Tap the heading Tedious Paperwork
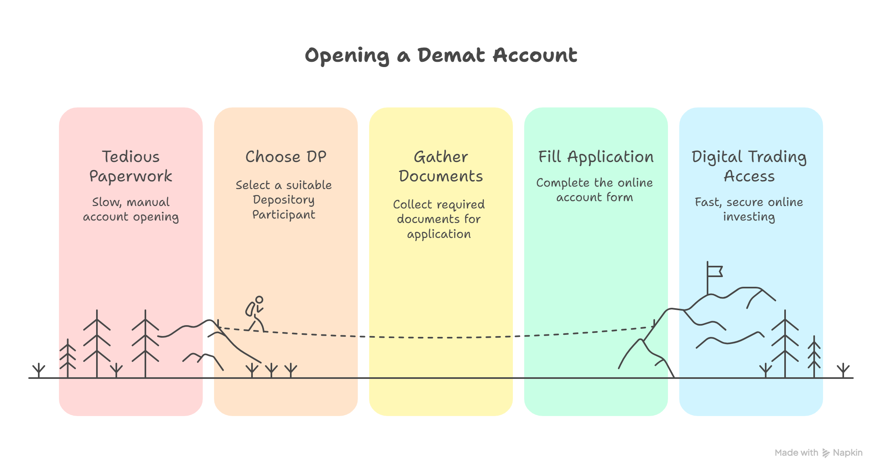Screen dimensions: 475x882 130,166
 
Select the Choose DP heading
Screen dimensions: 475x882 286,157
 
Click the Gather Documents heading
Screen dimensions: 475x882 441,166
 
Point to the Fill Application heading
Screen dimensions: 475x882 596,157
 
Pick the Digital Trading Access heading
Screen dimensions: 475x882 749,166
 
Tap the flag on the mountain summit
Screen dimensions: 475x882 714,271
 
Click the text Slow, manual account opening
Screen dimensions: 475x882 130,209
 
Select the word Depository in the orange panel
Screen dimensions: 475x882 283,200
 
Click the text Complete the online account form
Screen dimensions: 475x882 594,190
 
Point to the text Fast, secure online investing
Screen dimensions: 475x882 749,209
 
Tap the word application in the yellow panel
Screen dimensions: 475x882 439,234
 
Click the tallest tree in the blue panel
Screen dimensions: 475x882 785,343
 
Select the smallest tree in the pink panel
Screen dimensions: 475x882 68,359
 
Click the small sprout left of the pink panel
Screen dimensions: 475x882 39,370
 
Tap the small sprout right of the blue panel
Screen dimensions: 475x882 843,370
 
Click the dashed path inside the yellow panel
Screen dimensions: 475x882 440,337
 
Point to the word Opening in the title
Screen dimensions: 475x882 346,55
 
